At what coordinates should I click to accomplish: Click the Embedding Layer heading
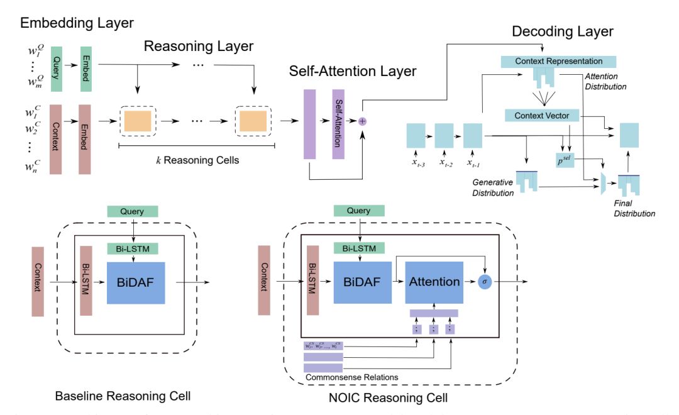(x=77, y=23)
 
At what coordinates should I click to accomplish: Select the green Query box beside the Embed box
(x=54, y=63)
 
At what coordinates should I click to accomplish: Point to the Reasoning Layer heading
(x=199, y=47)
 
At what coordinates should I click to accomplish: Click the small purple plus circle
(x=362, y=121)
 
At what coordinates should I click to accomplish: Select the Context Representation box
(x=559, y=62)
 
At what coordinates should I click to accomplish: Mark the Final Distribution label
(x=634, y=208)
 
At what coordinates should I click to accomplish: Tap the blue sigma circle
(x=484, y=282)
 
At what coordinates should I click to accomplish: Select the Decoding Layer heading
(x=562, y=30)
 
